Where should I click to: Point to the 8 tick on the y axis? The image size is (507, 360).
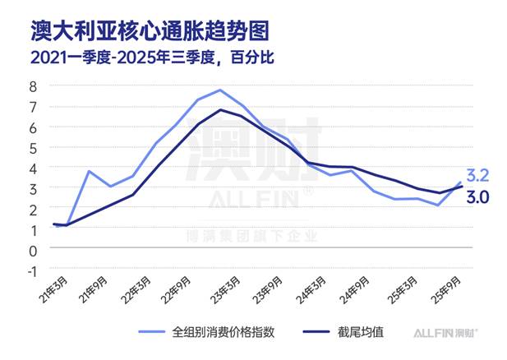click(33, 86)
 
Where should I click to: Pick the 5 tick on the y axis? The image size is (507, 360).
click(33, 148)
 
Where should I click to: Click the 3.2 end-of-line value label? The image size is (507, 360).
click(477, 176)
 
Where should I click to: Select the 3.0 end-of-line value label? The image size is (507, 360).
click(477, 197)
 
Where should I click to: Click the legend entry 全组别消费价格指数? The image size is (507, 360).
click(217, 333)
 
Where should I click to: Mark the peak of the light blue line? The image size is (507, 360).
click(220, 90)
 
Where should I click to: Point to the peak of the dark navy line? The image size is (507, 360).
click(220, 110)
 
